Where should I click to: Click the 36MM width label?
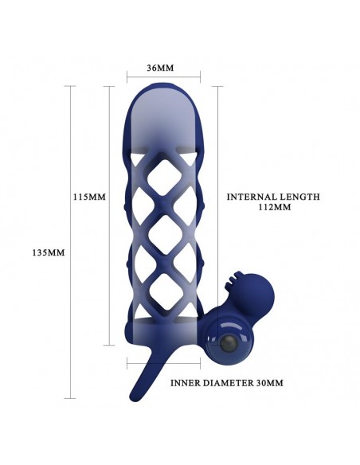160,68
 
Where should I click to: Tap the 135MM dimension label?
49,252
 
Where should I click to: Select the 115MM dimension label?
89,197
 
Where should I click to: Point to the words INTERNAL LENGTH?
273,197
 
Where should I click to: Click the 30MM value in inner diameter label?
269,383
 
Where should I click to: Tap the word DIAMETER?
228,383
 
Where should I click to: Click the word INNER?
186,383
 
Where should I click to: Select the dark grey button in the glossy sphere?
228,344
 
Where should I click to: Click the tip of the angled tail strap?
132,397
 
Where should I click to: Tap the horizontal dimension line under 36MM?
163,76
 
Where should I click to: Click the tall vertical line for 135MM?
70,242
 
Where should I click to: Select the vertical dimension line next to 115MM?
110,216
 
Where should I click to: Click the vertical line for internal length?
218,216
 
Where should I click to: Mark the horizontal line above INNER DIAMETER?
163,363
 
